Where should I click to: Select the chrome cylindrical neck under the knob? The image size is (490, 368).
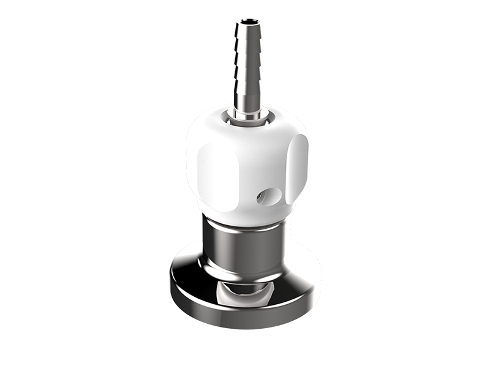tap(245, 245)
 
